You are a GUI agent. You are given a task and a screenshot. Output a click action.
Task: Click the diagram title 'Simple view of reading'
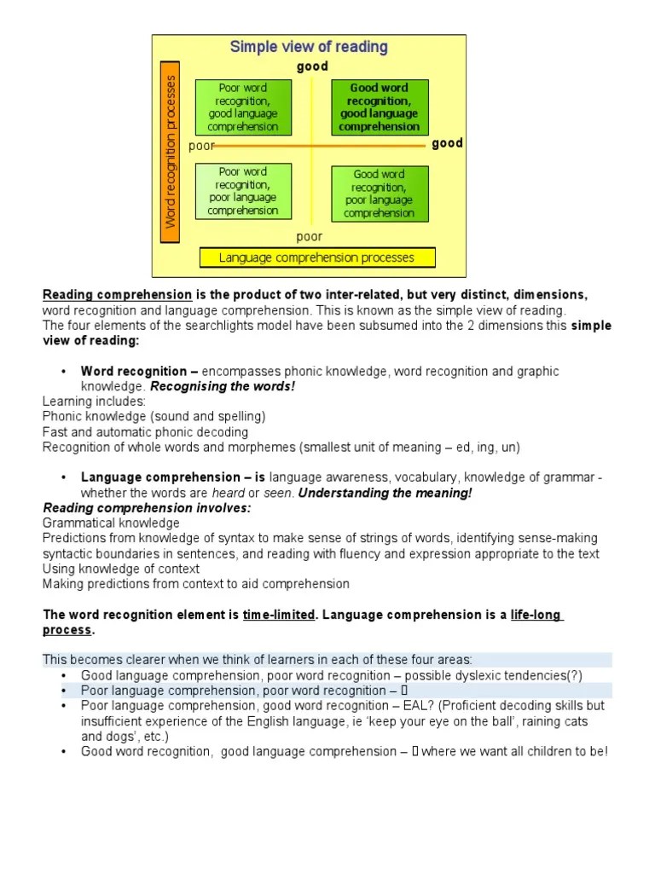click(x=309, y=47)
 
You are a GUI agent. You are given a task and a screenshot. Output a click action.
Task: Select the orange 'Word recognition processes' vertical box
click(x=171, y=152)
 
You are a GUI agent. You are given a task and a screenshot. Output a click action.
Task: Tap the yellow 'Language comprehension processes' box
click(x=317, y=257)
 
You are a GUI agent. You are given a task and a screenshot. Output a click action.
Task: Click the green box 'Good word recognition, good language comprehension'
click(x=379, y=107)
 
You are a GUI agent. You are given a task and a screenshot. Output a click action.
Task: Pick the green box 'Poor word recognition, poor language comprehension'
click(x=243, y=191)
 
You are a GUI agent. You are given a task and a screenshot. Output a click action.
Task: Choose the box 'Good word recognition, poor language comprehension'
click(x=379, y=194)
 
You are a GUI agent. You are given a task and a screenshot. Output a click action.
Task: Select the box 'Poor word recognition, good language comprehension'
click(x=243, y=107)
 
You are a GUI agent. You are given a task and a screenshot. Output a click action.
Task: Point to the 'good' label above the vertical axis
click(x=312, y=66)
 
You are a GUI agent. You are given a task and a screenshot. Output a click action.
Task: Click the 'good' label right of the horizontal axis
click(x=447, y=143)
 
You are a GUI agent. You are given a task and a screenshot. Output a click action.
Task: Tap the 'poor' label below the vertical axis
click(x=310, y=236)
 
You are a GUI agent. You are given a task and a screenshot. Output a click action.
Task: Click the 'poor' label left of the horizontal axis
click(x=201, y=146)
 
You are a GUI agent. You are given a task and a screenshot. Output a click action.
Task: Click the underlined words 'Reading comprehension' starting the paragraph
click(x=118, y=295)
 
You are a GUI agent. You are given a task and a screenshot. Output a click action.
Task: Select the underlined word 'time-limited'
click(x=279, y=615)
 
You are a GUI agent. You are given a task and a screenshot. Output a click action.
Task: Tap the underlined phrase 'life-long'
click(x=536, y=615)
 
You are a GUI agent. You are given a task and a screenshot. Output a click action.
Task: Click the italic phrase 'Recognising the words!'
click(x=223, y=385)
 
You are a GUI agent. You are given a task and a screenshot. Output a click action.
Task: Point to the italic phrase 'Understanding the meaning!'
click(x=385, y=493)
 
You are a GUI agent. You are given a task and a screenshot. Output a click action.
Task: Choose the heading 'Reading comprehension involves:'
click(x=148, y=507)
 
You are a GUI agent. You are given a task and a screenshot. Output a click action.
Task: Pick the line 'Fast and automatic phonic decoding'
click(x=145, y=432)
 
